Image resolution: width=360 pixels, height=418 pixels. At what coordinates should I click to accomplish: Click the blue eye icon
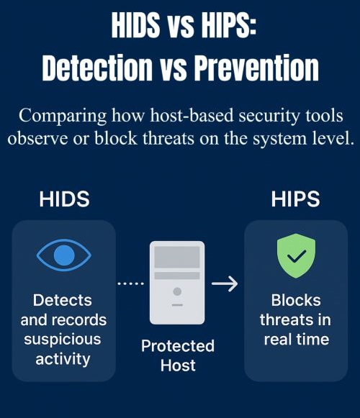[63, 255]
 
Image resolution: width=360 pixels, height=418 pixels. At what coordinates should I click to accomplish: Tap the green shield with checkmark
[296, 255]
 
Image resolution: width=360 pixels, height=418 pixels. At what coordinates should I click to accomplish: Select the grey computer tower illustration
[177, 282]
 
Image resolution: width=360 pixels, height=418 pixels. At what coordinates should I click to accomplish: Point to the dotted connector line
[130, 283]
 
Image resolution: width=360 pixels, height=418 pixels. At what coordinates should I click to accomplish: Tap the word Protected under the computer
[177, 346]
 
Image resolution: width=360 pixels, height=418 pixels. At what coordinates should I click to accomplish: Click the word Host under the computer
[177, 365]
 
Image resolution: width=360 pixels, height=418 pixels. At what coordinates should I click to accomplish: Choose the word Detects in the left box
[63, 300]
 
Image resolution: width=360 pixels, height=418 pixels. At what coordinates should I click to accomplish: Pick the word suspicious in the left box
[63, 338]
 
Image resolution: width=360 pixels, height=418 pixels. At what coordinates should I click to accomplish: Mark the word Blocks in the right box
[296, 300]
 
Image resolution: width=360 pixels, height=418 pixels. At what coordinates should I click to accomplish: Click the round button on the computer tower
[177, 293]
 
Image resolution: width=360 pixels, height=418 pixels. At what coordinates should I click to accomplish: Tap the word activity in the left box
[63, 358]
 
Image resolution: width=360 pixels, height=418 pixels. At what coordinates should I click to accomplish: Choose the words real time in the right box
[296, 339]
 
